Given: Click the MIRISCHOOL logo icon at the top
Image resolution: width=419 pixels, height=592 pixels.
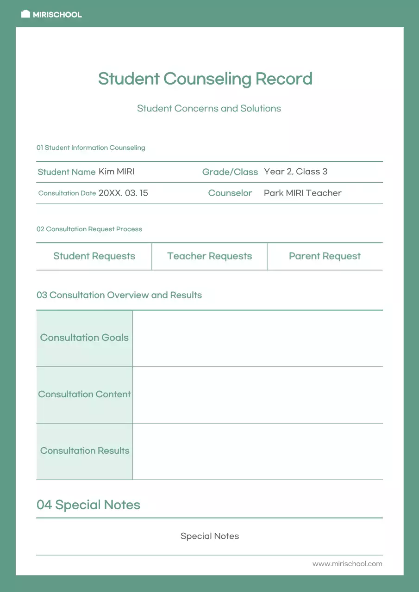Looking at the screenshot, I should [26, 14].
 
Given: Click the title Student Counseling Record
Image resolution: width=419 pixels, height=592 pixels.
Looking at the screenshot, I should [205, 79].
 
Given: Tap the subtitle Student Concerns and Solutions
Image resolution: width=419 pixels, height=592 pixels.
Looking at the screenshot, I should [209, 109].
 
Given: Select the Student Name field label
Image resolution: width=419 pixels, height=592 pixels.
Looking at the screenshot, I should [66, 172].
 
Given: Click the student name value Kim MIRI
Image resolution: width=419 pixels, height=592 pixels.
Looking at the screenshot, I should [116, 172].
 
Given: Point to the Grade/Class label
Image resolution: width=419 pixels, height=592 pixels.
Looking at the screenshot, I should [230, 172].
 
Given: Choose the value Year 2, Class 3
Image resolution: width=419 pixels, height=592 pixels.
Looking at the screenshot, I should [295, 172].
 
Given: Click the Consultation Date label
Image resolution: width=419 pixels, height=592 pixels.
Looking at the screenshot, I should [67, 193].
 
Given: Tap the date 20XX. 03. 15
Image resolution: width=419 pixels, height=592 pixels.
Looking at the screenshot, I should [123, 193].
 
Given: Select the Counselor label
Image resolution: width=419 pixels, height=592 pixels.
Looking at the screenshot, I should [230, 193].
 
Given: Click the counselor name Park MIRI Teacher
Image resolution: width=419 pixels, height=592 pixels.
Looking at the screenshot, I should [302, 193].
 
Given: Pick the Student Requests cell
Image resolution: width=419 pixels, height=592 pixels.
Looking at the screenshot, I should [94, 256].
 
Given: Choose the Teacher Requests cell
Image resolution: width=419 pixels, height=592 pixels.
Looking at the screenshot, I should [209, 256].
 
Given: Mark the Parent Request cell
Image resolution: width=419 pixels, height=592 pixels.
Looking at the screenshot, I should [325, 256].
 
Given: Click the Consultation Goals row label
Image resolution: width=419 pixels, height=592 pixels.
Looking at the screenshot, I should [84, 338].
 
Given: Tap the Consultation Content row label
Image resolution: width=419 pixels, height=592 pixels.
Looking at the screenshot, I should [84, 395].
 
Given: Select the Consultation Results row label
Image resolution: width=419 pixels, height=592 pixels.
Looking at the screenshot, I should [85, 451].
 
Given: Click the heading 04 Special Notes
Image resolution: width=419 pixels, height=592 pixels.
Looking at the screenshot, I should [88, 505].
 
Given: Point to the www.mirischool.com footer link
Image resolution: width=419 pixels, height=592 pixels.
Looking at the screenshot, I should [347, 564].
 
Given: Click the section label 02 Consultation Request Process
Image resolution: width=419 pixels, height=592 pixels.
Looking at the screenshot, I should [89, 229].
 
